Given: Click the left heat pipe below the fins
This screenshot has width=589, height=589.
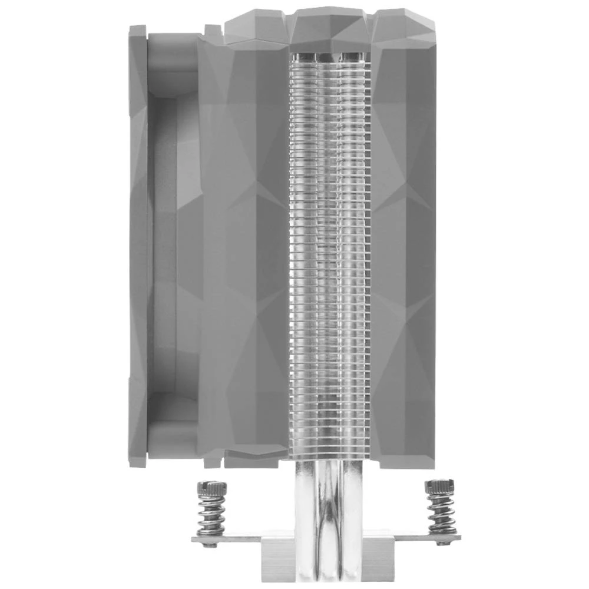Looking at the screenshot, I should (x=308, y=512).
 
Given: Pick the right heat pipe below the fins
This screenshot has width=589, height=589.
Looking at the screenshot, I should (x=352, y=512).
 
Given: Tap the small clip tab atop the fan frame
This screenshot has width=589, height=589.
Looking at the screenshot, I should (x=210, y=29).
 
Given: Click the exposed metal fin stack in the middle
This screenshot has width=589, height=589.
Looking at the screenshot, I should (x=330, y=253).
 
